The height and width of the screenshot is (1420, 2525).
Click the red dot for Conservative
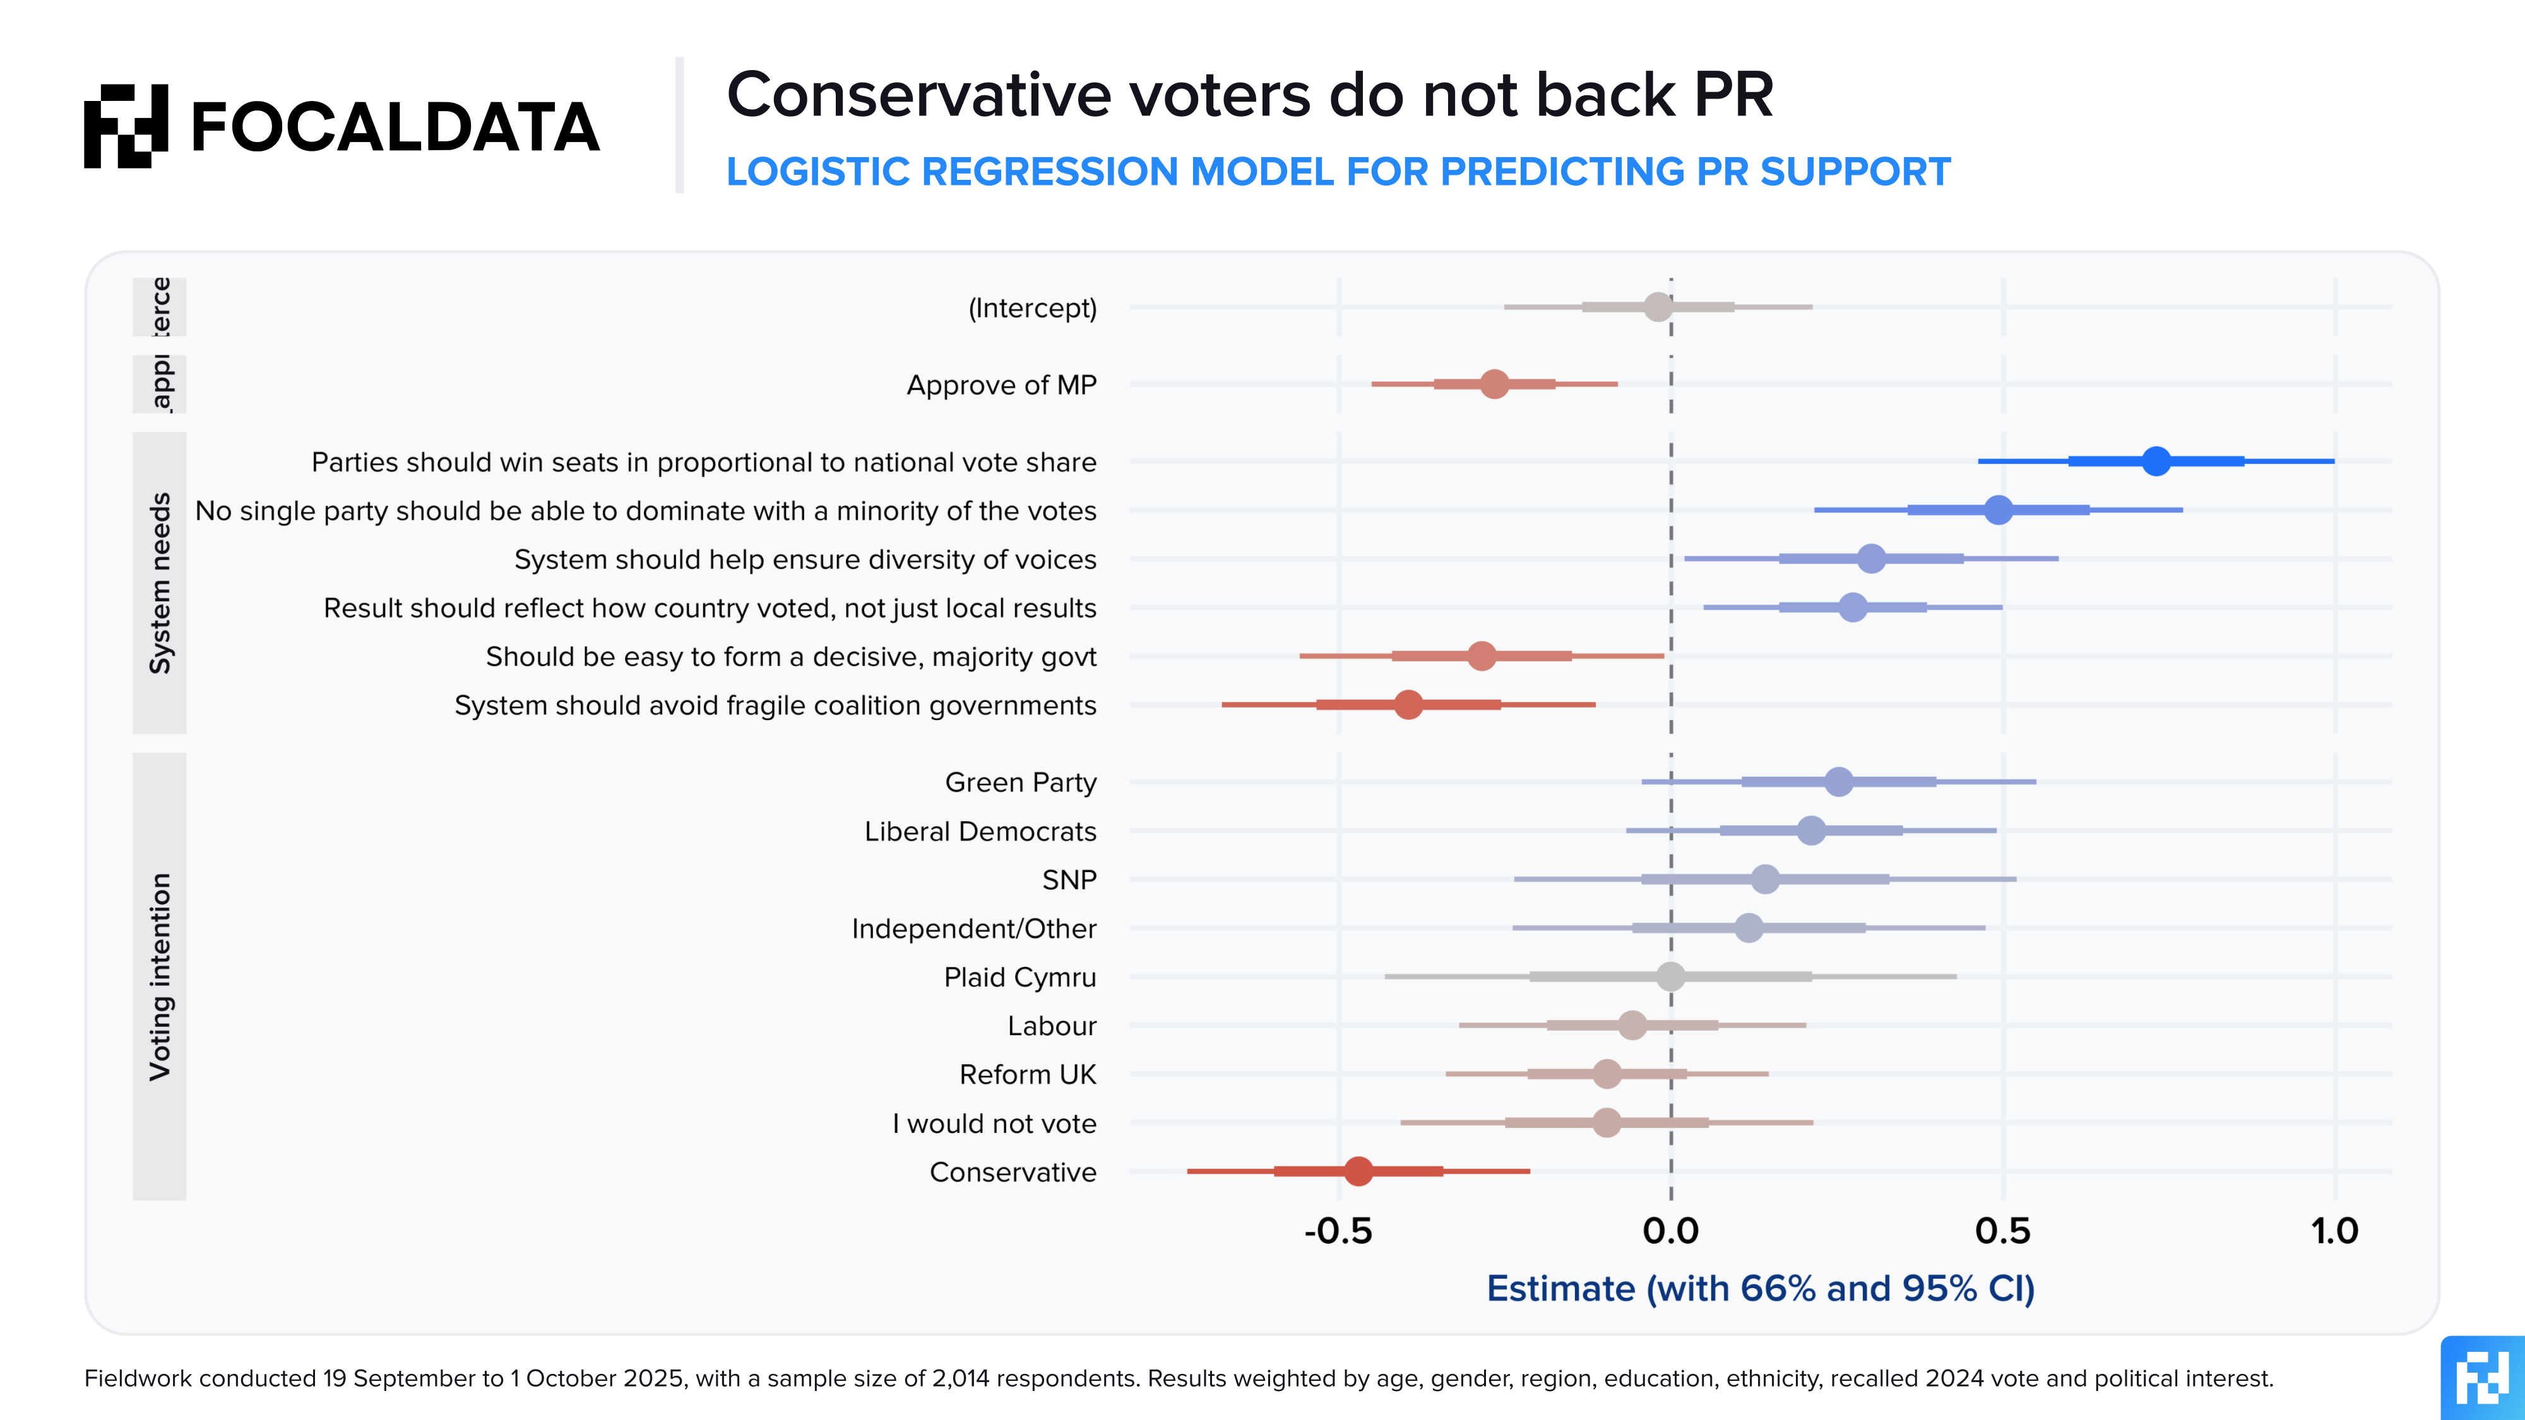coord(1358,1171)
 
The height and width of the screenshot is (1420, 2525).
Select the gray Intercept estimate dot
coord(1658,307)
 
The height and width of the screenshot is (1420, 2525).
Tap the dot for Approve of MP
coord(1494,384)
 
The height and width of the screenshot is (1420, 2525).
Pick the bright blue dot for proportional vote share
coord(2156,461)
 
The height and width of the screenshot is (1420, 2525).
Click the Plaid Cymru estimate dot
coord(1670,976)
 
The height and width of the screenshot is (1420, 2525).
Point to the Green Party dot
coord(1839,782)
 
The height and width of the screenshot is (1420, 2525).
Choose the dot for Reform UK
coord(1607,1074)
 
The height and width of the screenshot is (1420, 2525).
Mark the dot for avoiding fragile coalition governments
coord(1408,704)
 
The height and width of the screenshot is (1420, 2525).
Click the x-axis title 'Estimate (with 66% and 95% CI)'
coord(1761,1289)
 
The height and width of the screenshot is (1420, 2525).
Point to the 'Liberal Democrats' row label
coord(980,831)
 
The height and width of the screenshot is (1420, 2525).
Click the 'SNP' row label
coord(1069,880)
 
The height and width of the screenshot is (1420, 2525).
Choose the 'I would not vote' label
coord(994,1123)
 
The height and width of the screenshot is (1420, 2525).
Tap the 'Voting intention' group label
coord(160,977)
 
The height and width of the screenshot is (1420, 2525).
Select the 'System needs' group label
coord(160,583)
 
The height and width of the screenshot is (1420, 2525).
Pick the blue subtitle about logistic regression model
coord(1338,172)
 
